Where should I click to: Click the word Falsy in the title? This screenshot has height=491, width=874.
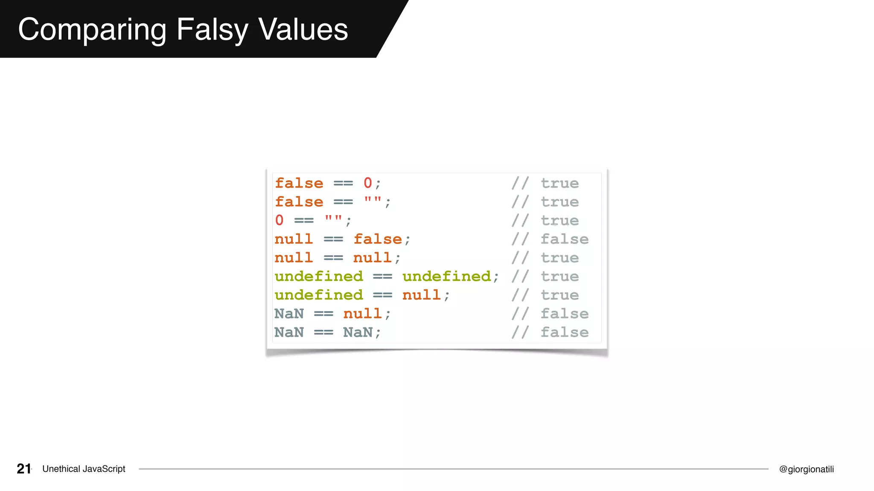click(212, 30)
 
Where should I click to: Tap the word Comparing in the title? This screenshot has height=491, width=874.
click(92, 30)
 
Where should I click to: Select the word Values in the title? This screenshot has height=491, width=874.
click(303, 30)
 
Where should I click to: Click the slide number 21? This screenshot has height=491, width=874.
click(24, 469)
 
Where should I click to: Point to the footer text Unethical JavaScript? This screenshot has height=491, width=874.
click(84, 469)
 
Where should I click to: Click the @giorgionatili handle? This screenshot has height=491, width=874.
click(806, 469)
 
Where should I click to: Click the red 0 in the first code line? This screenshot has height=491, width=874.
click(367, 183)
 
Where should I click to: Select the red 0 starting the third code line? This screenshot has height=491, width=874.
click(279, 220)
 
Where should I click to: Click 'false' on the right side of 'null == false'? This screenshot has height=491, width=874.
click(378, 239)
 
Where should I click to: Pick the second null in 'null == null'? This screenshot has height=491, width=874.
click(372, 258)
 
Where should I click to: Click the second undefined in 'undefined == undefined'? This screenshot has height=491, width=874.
click(446, 276)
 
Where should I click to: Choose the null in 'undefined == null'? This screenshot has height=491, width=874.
click(421, 295)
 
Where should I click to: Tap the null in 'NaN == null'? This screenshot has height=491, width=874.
click(362, 314)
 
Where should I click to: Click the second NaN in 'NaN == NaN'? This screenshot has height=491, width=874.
click(358, 332)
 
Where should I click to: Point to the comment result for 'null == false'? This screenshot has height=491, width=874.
click(564, 239)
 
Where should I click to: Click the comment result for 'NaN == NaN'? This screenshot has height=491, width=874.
click(564, 332)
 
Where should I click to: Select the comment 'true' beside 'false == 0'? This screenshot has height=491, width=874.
click(559, 183)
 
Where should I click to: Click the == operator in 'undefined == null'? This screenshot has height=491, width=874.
click(382, 295)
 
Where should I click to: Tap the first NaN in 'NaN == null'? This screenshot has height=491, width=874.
click(289, 314)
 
